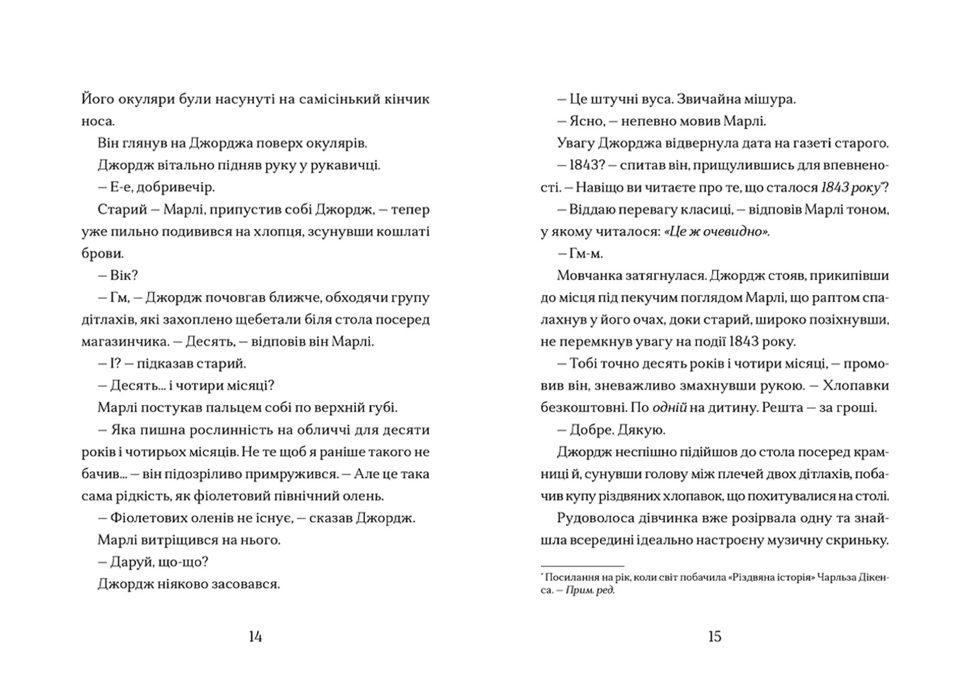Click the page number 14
(x=255, y=637)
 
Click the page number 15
(x=714, y=637)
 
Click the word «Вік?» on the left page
(x=124, y=275)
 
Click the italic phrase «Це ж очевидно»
(x=716, y=232)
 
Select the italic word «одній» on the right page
(x=669, y=408)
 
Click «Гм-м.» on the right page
(x=586, y=254)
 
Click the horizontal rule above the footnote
(x=582, y=566)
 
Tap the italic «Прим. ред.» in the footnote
(x=590, y=590)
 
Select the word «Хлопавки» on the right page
(x=855, y=386)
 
